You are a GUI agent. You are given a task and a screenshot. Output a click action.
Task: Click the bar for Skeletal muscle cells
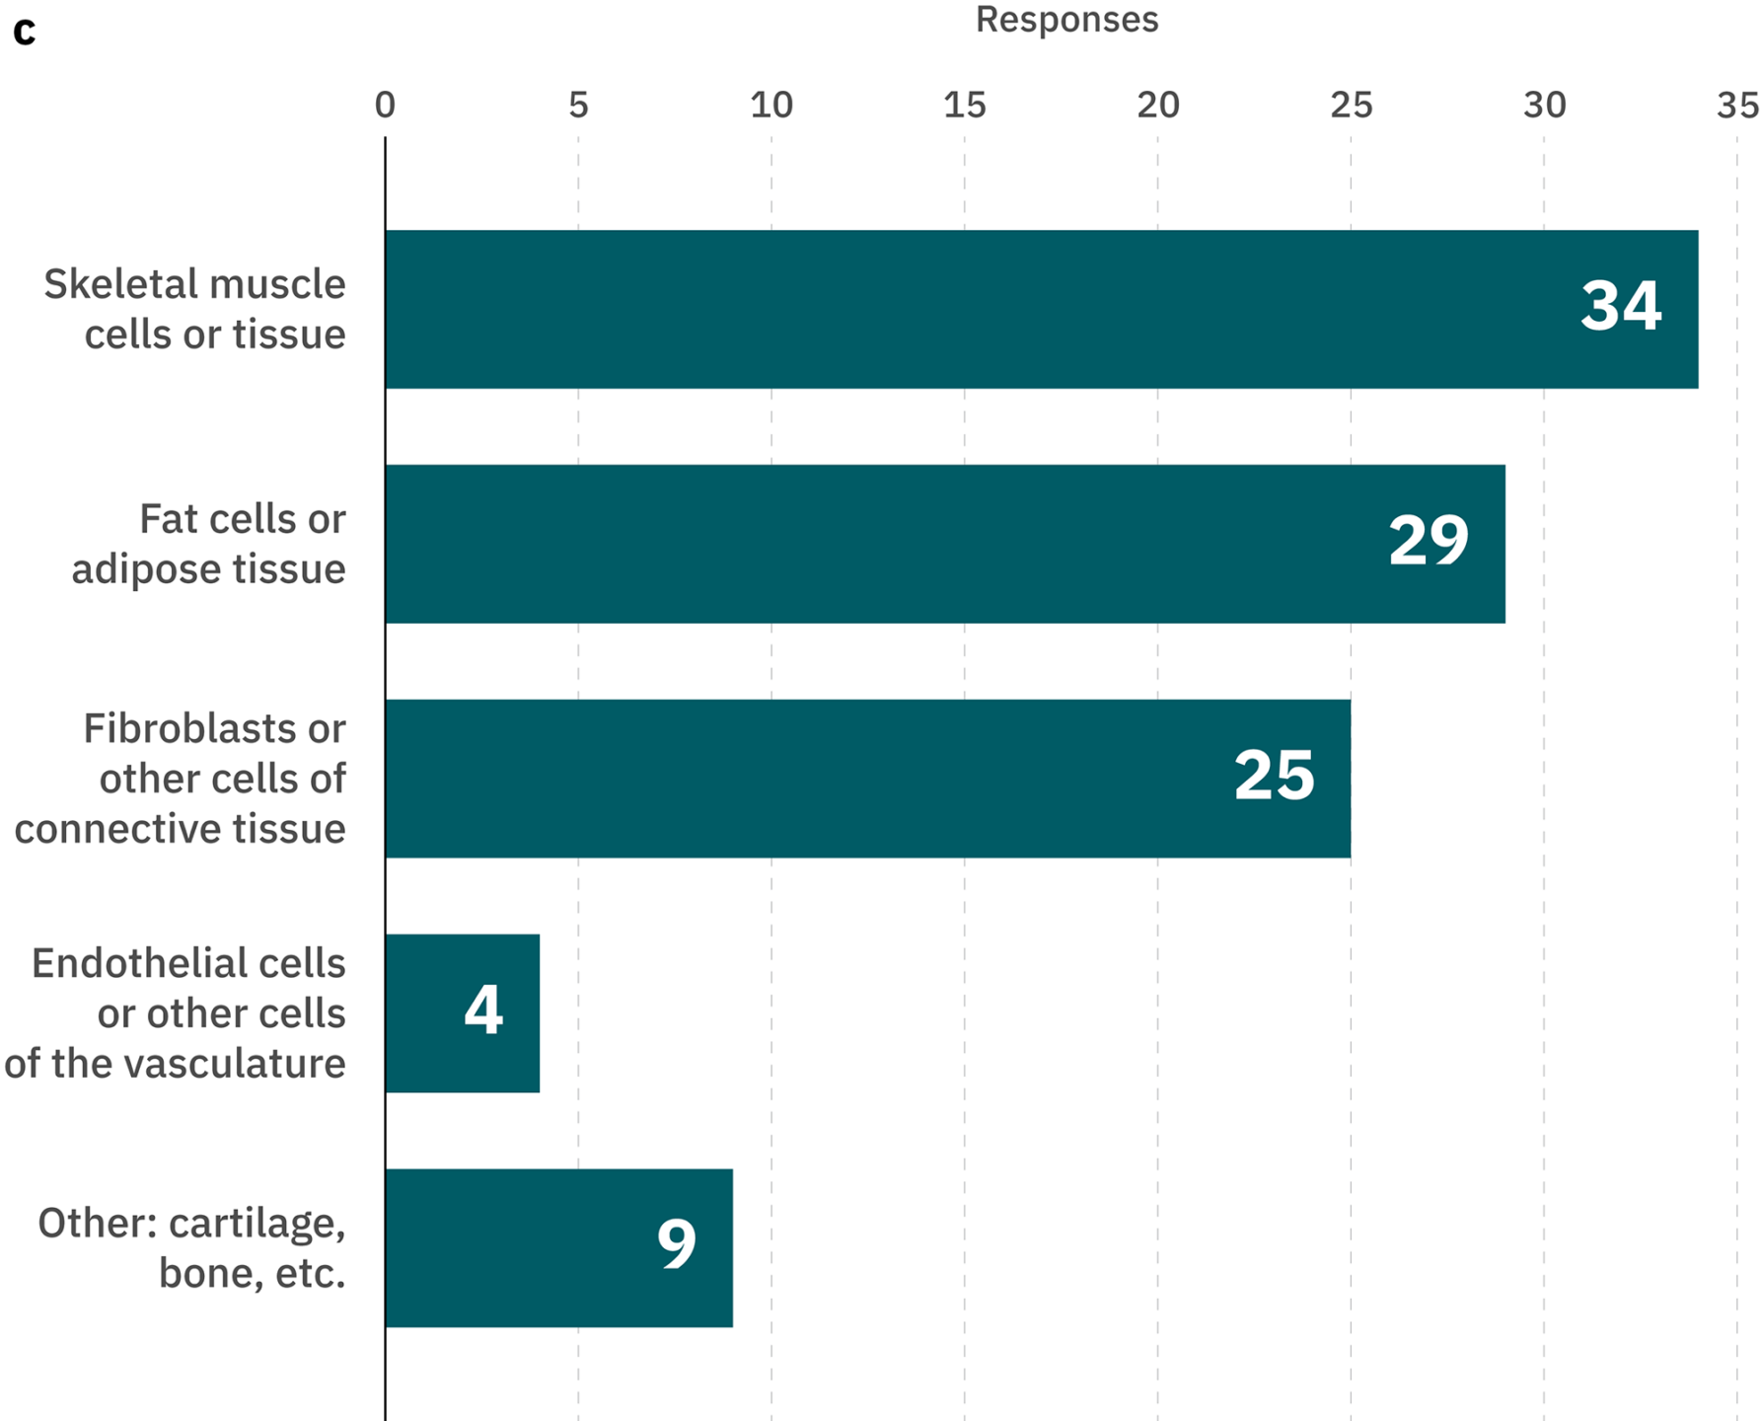tap(987, 309)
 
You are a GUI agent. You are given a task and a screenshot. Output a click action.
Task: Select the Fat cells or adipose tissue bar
tap(888, 544)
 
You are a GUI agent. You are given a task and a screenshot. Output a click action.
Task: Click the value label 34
tap(1621, 305)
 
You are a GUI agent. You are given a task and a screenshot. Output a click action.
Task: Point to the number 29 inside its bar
tap(1429, 540)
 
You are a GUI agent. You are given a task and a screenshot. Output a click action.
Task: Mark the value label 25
tap(1274, 775)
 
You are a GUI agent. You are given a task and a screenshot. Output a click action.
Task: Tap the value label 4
tap(483, 1010)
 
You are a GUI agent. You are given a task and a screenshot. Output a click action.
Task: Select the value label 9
tap(677, 1243)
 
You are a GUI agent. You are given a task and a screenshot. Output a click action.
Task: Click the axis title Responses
tap(1066, 20)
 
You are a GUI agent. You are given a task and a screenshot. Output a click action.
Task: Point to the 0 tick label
tap(385, 105)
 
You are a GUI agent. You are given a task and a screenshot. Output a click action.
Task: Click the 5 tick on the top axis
tap(578, 105)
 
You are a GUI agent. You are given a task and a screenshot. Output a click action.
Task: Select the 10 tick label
tap(770, 105)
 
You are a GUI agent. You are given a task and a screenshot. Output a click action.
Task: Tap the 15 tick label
tap(964, 105)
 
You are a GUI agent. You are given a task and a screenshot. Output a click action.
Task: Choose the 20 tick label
tap(1157, 105)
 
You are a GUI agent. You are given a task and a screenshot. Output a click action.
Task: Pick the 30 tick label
tap(1544, 105)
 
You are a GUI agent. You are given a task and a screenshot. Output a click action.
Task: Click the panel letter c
tap(25, 32)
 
